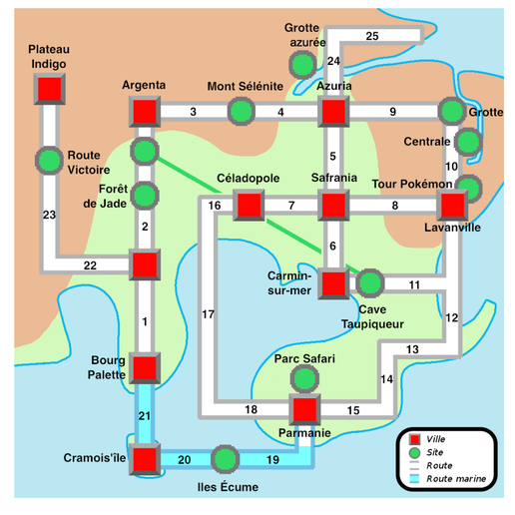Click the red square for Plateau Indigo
click(49, 89)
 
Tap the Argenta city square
click(145, 112)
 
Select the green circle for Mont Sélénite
click(242, 112)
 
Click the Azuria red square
click(333, 112)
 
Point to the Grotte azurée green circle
click(302, 65)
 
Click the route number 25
click(372, 36)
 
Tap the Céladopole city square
click(249, 205)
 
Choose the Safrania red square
click(333, 205)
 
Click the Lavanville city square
click(452, 205)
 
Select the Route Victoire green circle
click(49, 161)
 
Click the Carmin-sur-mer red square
click(333, 283)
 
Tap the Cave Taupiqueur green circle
click(370, 283)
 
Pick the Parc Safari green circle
click(304, 378)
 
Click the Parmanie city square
click(304, 409)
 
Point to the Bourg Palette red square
click(145, 368)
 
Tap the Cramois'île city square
click(145, 459)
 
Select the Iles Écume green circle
click(226, 459)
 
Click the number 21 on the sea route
click(145, 416)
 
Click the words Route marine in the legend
click(456, 479)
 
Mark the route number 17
click(209, 314)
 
